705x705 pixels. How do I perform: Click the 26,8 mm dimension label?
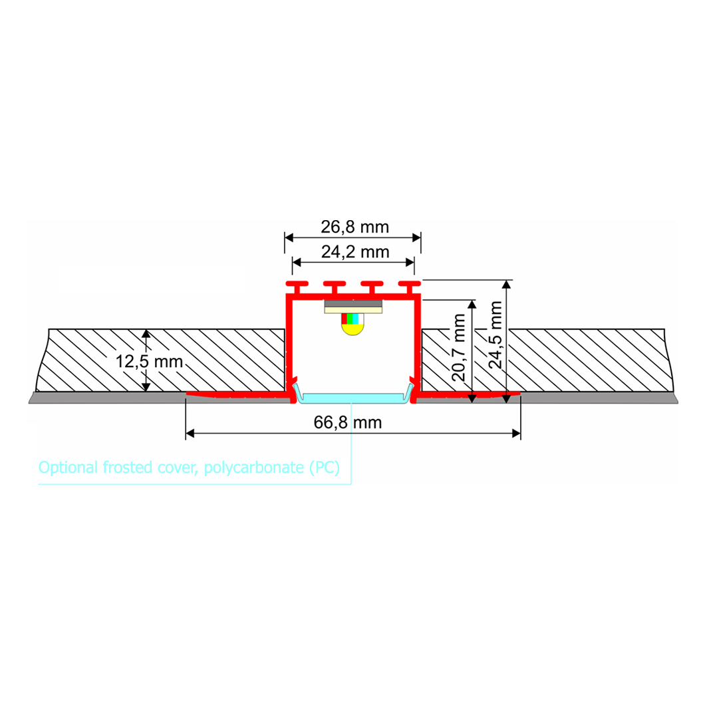(x=354, y=227)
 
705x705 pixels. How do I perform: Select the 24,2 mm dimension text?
(x=354, y=252)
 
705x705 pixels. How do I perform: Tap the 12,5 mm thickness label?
(x=149, y=362)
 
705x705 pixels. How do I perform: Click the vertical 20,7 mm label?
(x=459, y=347)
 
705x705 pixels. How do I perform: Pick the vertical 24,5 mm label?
(x=494, y=335)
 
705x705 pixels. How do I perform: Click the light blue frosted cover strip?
(x=352, y=398)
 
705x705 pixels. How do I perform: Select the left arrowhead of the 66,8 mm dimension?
(x=190, y=434)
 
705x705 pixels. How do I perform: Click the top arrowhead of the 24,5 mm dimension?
(x=507, y=285)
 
